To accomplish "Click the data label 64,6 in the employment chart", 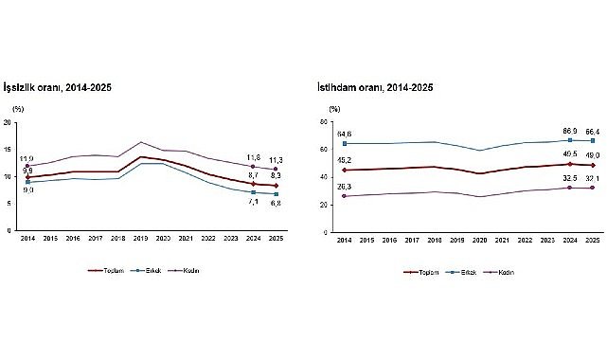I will point(344,134).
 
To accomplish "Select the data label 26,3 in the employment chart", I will point(344,187).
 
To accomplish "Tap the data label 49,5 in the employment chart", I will point(569,153).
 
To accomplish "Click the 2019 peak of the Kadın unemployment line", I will point(142,142).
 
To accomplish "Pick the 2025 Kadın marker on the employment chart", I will point(592,188).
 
